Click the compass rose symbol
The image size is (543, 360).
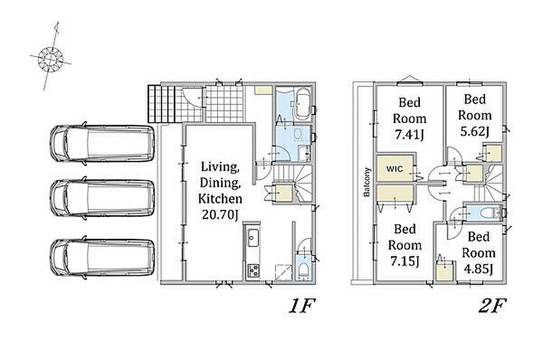coord(50,59)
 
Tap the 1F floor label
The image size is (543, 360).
coord(302,305)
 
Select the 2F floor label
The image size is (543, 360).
coord(492,305)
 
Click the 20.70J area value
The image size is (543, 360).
coord(220,215)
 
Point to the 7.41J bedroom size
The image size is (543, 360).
coord(410,134)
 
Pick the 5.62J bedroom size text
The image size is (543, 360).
coord(475,132)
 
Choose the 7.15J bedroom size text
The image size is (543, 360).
coord(405,261)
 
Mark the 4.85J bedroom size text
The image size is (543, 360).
coord(479,269)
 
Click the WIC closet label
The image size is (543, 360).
coord(395,169)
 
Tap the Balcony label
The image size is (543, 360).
coord(367,182)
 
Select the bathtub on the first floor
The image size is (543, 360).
coord(302,104)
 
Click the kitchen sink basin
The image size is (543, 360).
coord(253,237)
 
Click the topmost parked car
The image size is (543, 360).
coord(102,143)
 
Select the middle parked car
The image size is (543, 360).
coord(102,198)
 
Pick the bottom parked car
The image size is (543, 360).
coord(102,257)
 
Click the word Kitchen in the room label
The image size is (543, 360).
coord(220,199)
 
